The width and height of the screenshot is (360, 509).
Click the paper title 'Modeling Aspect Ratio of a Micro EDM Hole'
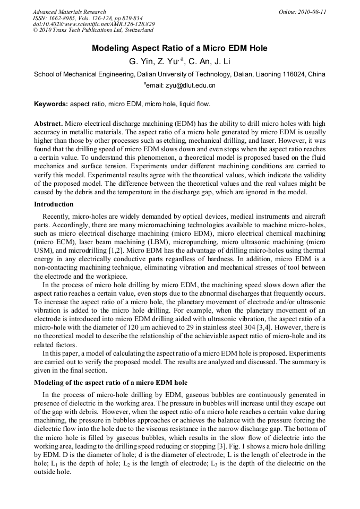tap(179, 48)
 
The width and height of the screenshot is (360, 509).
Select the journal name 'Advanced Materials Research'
tap(69, 12)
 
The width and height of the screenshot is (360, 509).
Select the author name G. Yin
tap(140, 62)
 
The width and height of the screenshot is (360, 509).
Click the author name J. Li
tap(223, 62)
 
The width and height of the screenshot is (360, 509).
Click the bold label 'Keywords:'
tap(51, 104)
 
